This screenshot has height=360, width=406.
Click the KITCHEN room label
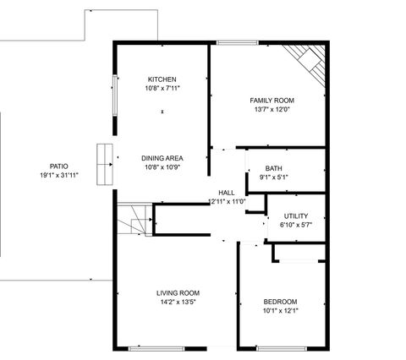[162, 79]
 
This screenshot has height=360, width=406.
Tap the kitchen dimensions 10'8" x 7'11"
[162, 88]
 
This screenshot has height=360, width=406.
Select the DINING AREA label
[162, 158]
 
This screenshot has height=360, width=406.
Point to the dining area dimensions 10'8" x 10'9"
[162, 166]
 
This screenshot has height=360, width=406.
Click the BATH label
[273, 168]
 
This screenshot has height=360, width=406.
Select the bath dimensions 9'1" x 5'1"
[273, 177]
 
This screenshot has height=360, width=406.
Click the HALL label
[227, 193]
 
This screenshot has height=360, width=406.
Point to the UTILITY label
[295, 216]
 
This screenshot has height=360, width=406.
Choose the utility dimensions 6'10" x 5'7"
[295, 226]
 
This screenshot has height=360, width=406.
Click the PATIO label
[58, 166]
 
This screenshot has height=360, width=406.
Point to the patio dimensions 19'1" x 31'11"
[58, 176]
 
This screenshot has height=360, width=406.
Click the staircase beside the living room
[133, 222]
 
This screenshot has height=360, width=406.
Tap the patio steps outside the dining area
[103, 163]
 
